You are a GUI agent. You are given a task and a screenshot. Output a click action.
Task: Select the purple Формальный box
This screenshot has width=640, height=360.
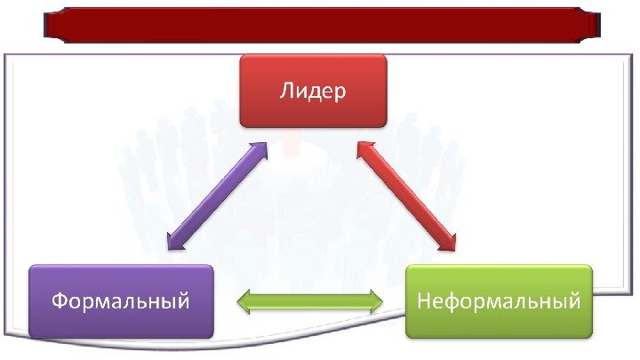click(121, 301)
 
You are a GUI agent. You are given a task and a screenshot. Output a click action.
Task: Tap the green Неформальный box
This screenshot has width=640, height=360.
click(499, 301)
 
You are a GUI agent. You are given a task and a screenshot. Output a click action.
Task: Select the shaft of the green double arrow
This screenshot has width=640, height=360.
click(309, 302)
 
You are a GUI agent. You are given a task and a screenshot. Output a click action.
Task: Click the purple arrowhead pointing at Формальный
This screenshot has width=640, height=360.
click(172, 239)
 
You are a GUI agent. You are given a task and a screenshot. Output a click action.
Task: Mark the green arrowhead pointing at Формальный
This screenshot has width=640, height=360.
click(245, 302)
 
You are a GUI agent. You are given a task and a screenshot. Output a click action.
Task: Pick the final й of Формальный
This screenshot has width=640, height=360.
click(183, 300)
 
